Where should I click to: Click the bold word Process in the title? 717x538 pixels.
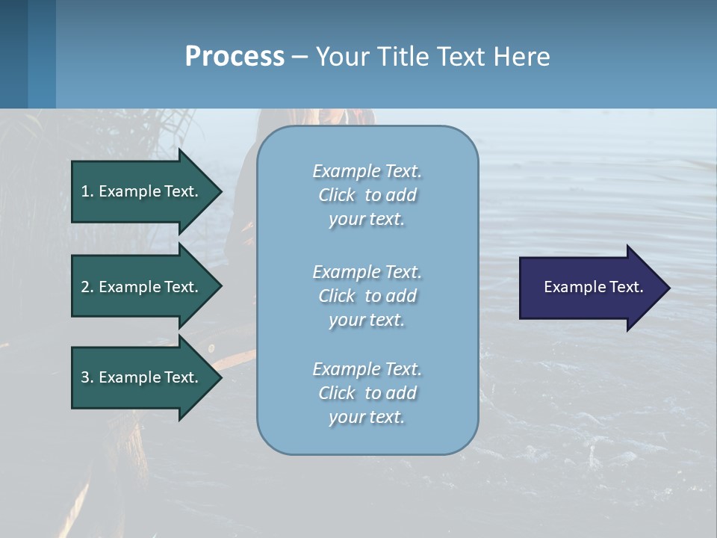235,57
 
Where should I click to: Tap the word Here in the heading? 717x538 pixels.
521,57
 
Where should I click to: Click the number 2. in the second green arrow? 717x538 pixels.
87,287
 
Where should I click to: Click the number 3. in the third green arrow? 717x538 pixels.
87,377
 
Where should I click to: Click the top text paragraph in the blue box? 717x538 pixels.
367,195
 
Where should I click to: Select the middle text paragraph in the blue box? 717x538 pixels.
367,296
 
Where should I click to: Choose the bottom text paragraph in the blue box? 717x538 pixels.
367,393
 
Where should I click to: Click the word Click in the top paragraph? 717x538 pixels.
336,195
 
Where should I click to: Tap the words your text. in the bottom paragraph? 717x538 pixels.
367,417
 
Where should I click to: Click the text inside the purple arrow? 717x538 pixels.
593,287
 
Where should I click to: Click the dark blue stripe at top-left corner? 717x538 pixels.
13,54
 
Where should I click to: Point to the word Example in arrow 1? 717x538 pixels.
128,191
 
